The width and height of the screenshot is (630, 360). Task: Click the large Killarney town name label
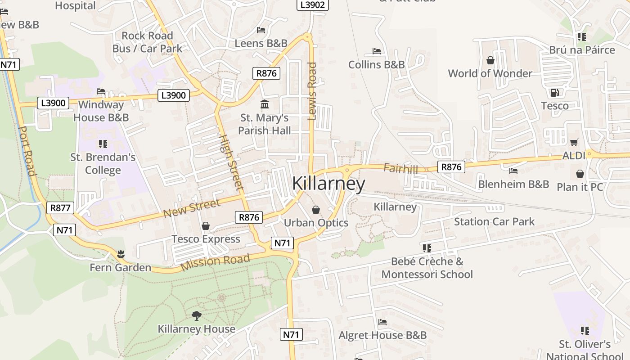pyautogui.click(x=328, y=184)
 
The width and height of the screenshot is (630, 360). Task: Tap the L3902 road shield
pyautogui.click(x=313, y=4)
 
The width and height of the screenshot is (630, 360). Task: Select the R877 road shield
pyautogui.click(x=60, y=208)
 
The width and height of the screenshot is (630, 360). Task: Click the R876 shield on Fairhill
pyautogui.click(x=451, y=167)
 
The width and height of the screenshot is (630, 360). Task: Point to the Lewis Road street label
pyautogui.click(x=312, y=91)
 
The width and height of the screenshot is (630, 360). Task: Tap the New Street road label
pyautogui.click(x=192, y=207)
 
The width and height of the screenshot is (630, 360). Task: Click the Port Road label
pyautogui.click(x=27, y=151)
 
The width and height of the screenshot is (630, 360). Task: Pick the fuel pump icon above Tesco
pyautogui.click(x=554, y=93)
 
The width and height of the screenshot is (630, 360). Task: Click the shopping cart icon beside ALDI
pyautogui.click(x=574, y=143)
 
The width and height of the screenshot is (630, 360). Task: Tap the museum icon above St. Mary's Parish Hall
pyautogui.click(x=265, y=104)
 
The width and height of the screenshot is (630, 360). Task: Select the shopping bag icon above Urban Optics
pyautogui.click(x=316, y=210)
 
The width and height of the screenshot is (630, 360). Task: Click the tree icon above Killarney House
pyautogui.click(x=196, y=316)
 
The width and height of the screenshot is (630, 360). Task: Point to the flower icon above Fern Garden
pyautogui.click(x=120, y=254)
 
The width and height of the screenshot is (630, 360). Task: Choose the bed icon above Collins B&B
pyautogui.click(x=377, y=51)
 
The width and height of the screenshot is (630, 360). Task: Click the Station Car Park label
pyautogui.click(x=494, y=221)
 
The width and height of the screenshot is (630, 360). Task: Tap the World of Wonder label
pyautogui.click(x=490, y=73)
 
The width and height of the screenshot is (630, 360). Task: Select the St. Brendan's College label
pyautogui.click(x=103, y=164)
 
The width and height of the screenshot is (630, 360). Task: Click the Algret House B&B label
pyautogui.click(x=382, y=335)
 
